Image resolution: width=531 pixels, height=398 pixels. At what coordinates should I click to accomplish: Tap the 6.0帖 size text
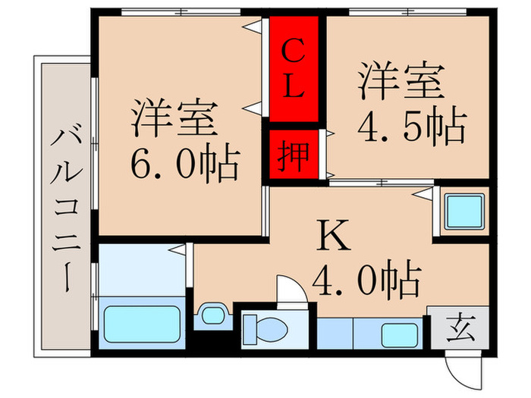(x=185, y=161)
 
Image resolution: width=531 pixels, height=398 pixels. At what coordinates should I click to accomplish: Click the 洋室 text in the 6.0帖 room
(x=175, y=118)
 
